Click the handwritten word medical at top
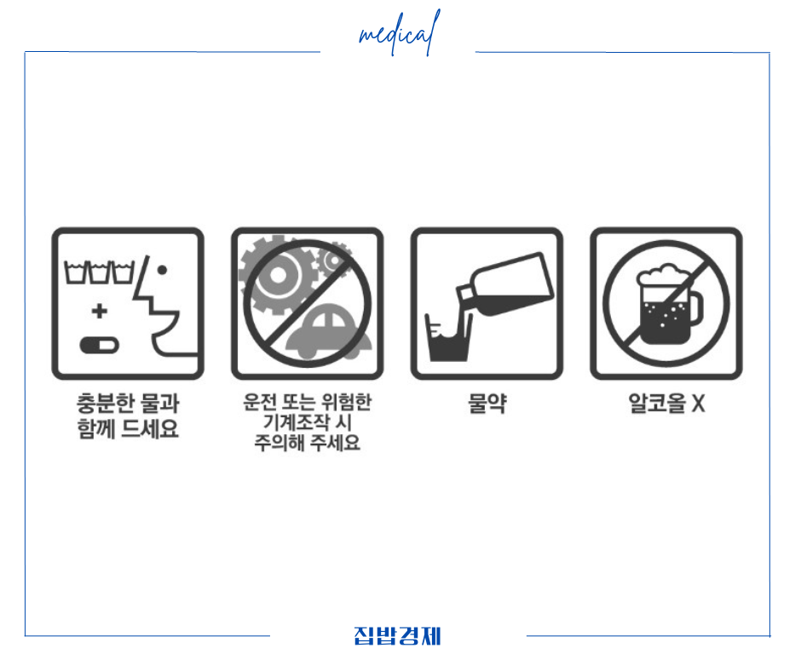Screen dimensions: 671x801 click(399, 34)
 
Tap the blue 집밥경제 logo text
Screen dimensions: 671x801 click(397, 636)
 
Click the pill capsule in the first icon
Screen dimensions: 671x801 click(99, 345)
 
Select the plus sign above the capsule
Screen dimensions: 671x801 click(100, 312)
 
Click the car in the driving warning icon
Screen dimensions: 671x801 click(329, 335)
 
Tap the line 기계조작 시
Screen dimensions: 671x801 click(307, 423)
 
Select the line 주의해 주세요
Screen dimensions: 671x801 click(307, 444)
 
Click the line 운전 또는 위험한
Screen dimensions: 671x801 click(307, 402)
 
